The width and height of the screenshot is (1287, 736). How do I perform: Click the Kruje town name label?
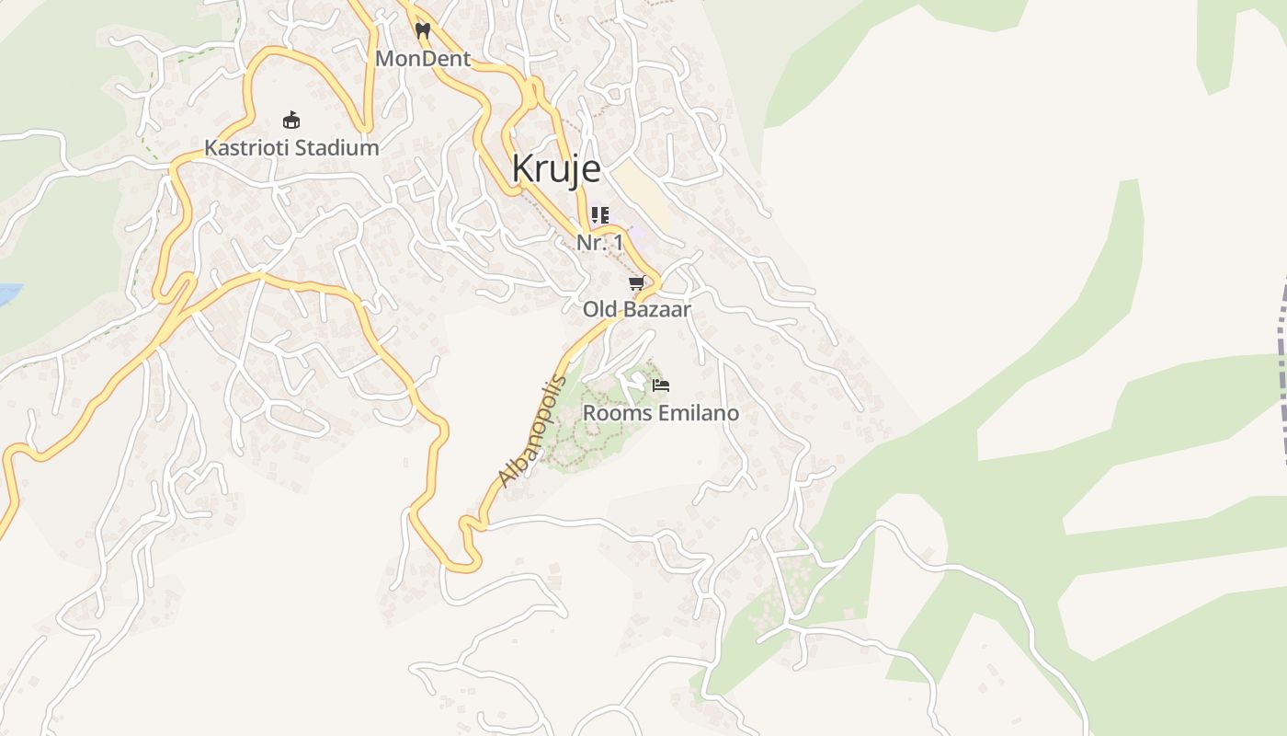point(556,169)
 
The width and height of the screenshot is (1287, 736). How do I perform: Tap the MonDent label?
point(423,59)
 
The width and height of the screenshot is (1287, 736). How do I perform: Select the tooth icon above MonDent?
point(423,30)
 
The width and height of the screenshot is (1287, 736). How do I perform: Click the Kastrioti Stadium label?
point(291,147)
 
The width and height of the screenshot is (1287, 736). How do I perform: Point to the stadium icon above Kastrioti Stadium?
point(291,120)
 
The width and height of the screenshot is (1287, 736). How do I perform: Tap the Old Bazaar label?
point(636,310)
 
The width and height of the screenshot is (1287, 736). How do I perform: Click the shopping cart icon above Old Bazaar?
point(636,283)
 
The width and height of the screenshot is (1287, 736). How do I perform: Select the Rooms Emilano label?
point(660,413)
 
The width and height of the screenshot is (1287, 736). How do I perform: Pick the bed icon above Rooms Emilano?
point(660,385)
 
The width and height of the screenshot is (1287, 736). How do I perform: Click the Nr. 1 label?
point(599,243)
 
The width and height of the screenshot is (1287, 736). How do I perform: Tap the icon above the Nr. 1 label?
point(599,215)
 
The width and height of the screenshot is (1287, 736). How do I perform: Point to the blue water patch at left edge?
point(7,295)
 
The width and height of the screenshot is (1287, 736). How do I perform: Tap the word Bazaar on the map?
point(657,310)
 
